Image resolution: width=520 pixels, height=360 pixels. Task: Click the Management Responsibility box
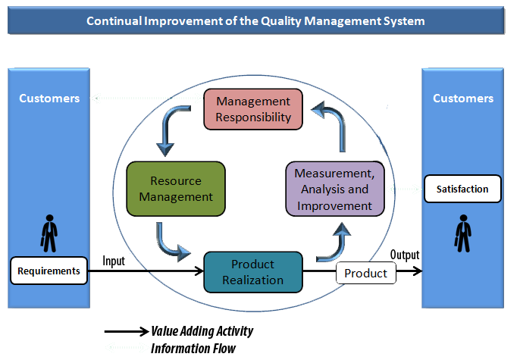(253, 108)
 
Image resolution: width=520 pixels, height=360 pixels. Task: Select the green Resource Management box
(176, 189)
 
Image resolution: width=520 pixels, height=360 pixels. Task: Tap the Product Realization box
(253, 272)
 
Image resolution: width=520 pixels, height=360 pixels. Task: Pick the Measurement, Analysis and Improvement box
(334, 189)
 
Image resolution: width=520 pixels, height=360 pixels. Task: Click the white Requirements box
(49, 271)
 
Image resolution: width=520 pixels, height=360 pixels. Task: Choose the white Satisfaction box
(462, 189)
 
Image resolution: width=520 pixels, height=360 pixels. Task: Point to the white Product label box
(365, 273)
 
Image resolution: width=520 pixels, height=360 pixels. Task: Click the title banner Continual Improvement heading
(255, 21)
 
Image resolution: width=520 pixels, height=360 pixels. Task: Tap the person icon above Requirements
(49, 234)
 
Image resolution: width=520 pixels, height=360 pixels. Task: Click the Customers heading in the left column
(49, 99)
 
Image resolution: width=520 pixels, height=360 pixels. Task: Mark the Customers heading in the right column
(463, 99)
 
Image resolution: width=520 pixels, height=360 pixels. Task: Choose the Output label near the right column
(405, 255)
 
